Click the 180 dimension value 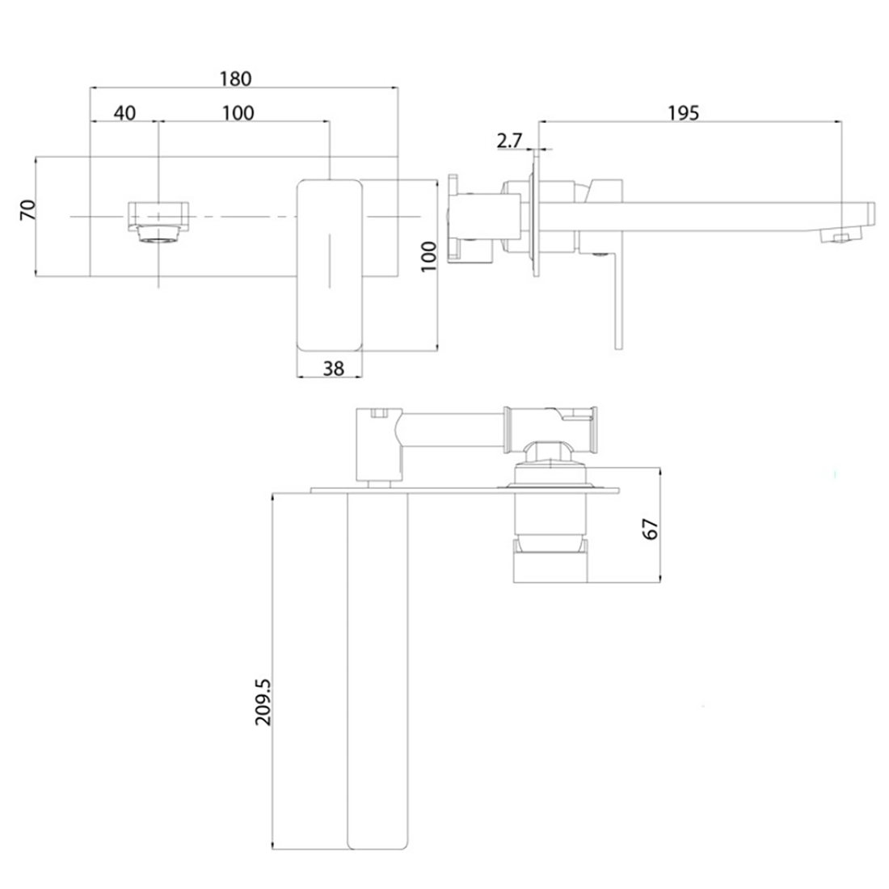(x=236, y=78)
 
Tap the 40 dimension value (x=124, y=112)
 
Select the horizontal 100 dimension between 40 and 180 (x=238, y=112)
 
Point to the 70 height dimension (x=27, y=212)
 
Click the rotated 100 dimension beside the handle (x=429, y=256)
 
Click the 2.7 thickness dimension (x=508, y=141)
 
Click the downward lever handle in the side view (x=618, y=299)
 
